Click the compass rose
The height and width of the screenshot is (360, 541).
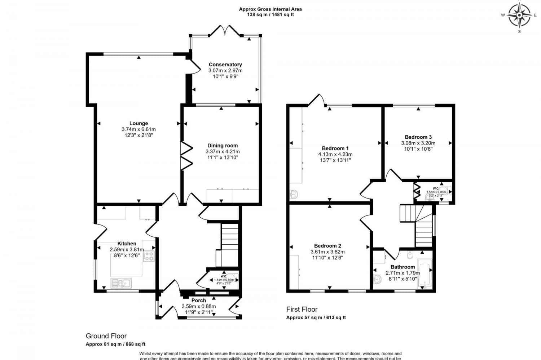tap(519, 15)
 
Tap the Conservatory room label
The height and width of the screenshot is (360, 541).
tap(225, 65)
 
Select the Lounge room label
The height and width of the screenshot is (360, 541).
tap(139, 123)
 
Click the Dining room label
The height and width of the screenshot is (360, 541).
tap(223, 146)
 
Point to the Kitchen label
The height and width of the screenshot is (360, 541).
tap(127, 244)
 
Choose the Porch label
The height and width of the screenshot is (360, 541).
tap(198, 300)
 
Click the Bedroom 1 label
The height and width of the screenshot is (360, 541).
tap(335, 148)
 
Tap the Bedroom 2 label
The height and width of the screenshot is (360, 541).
tap(327, 246)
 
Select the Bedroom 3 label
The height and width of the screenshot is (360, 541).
tap(418, 137)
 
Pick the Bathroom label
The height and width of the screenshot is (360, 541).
tap(403, 267)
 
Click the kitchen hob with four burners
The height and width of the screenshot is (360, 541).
tap(149, 256)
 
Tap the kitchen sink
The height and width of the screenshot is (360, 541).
tap(121, 283)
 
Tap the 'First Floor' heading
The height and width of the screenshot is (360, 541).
tap(302, 309)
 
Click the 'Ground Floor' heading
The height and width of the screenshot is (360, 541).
tap(106, 336)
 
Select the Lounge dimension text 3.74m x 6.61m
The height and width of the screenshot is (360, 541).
tap(139, 129)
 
